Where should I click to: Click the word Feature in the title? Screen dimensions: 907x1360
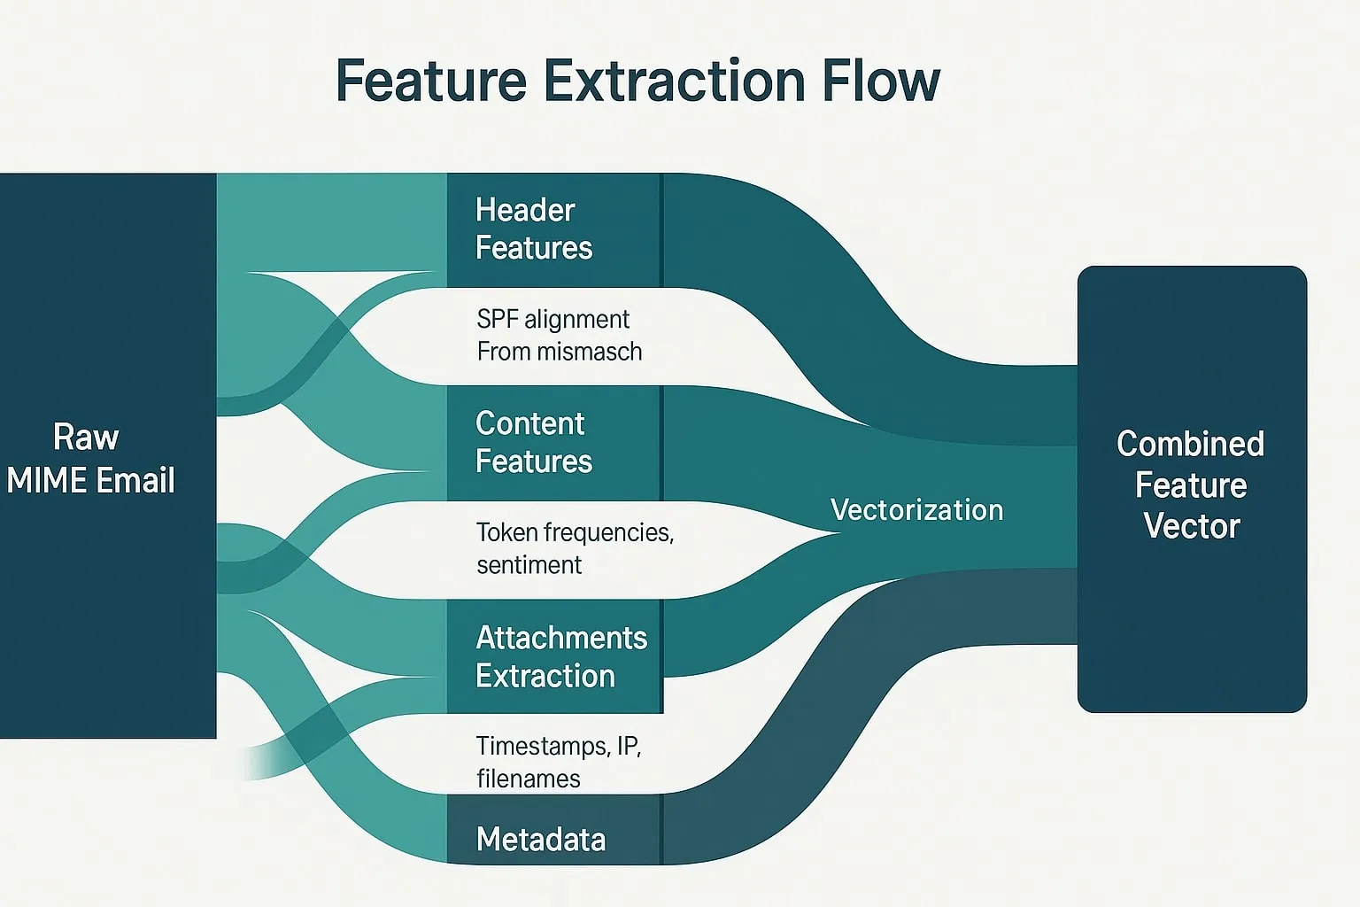tap(431, 81)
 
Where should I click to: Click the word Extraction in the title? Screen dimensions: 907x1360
tap(675, 81)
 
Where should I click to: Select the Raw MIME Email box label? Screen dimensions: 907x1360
tap(89, 459)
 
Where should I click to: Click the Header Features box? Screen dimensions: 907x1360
tap(553, 229)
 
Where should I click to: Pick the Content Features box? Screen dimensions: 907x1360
tap(553, 443)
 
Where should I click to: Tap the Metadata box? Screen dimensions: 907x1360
tap(553, 838)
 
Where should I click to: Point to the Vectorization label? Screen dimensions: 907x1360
tap(916, 510)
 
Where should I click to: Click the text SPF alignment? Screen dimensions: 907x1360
tap(552, 319)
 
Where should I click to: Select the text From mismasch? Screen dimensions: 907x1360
tap(560, 352)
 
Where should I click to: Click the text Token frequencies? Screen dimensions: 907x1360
tap(575, 532)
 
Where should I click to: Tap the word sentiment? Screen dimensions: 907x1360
tap(529, 565)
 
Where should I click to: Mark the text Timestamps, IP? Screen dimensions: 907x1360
tap(558, 746)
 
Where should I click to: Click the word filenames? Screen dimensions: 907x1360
tap(529, 779)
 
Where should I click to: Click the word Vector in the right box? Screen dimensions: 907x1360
tap(1191, 526)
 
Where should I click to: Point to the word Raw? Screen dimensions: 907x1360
tap(86, 438)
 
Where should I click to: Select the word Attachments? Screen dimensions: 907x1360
tap(561, 638)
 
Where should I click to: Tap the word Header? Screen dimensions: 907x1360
tap(525, 211)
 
